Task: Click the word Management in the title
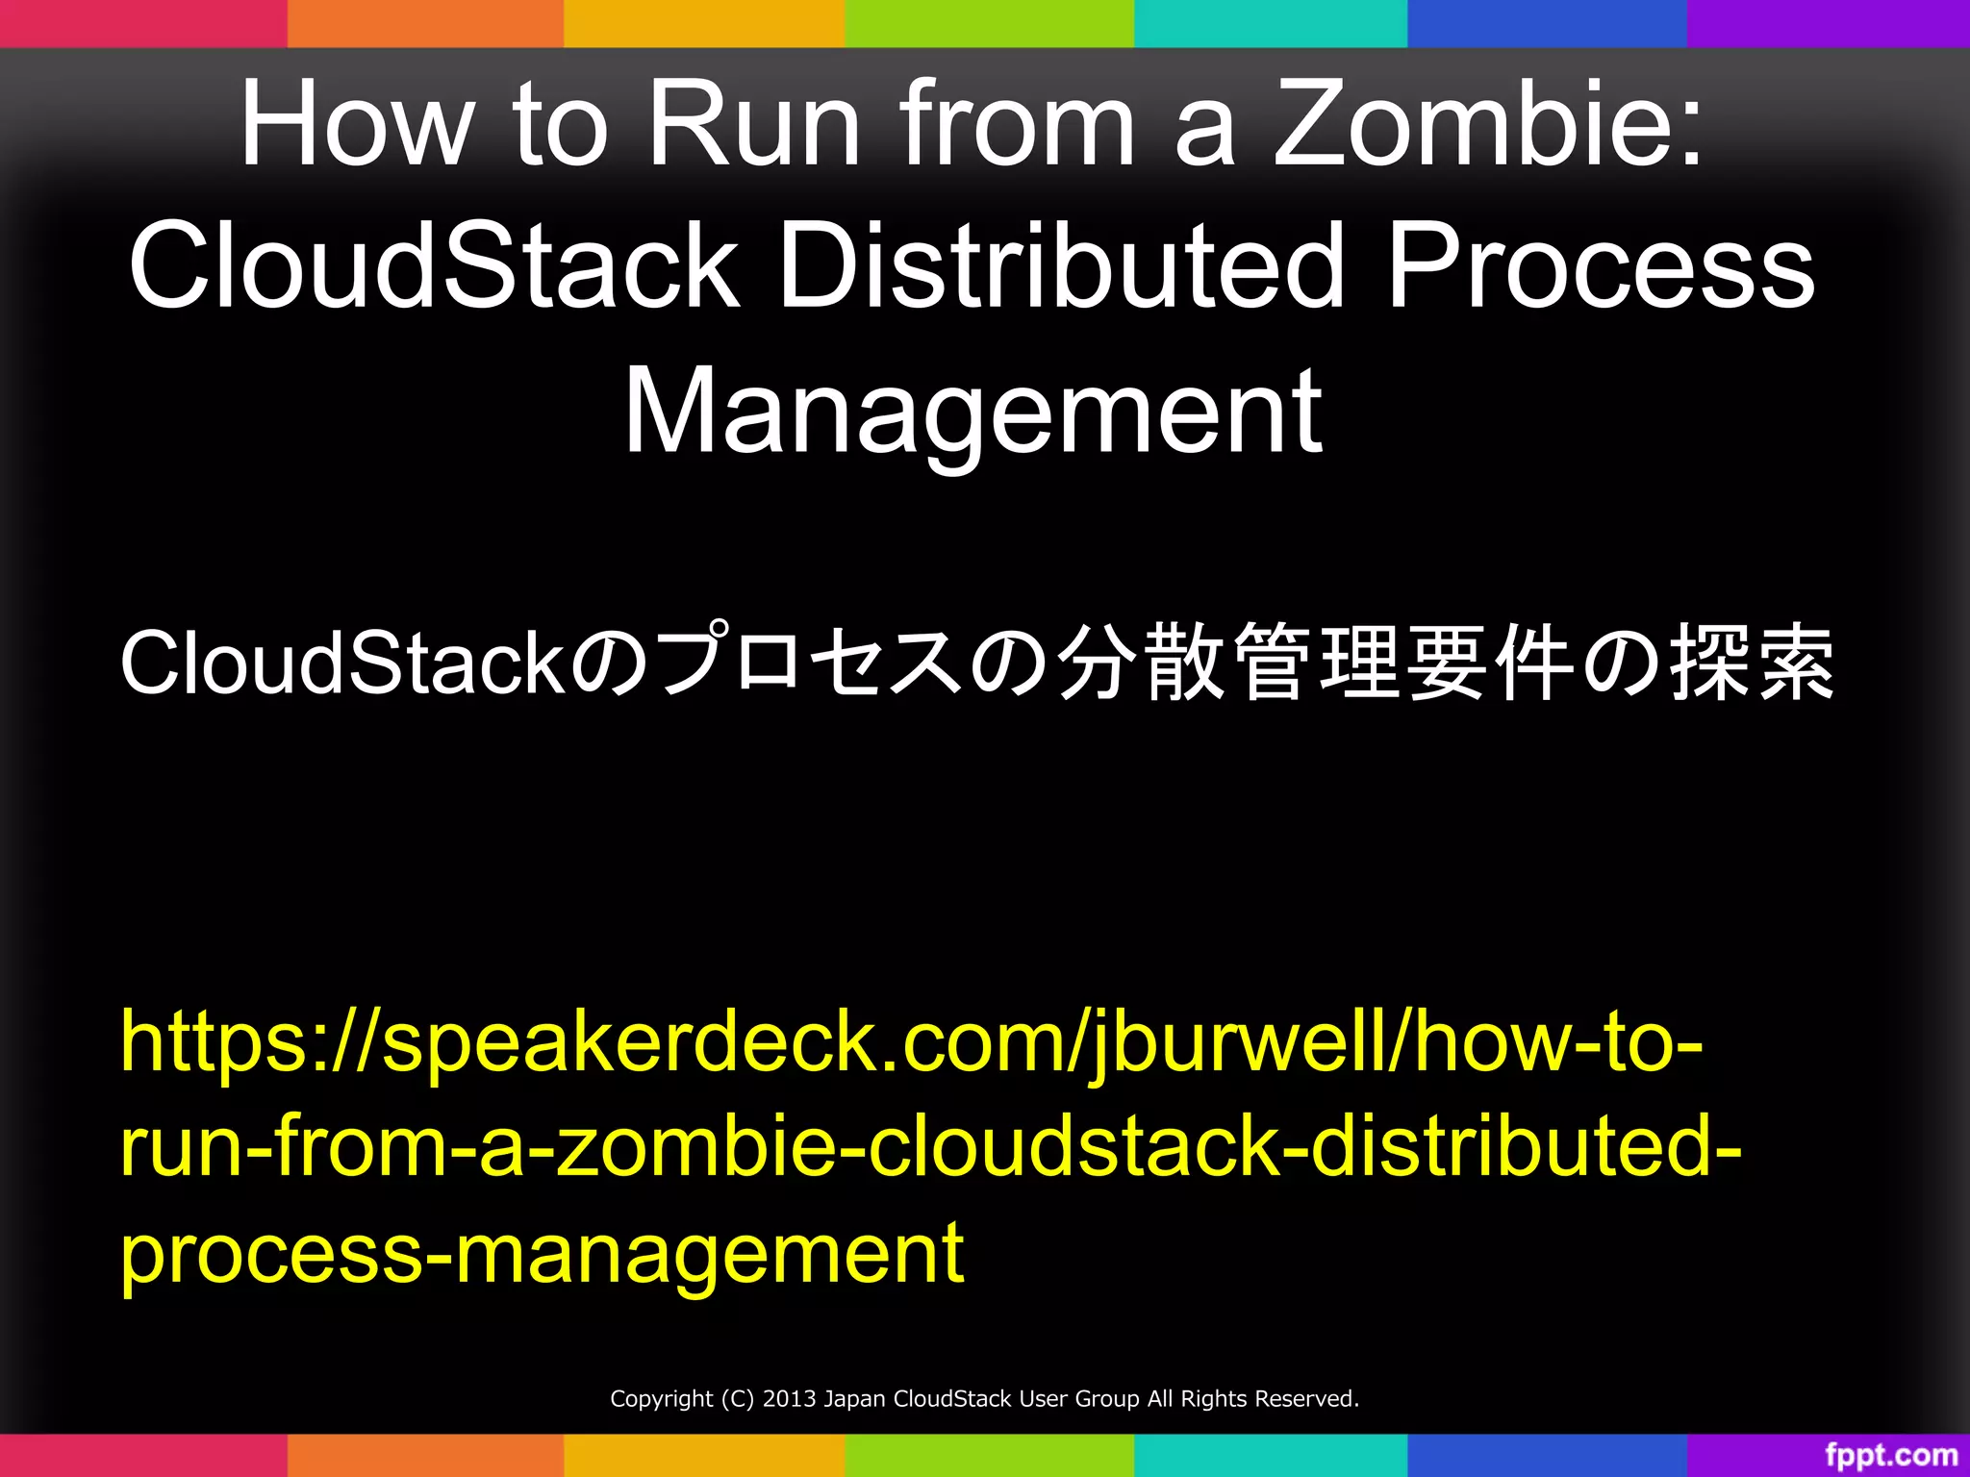tap(972, 413)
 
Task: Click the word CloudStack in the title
tap(434, 266)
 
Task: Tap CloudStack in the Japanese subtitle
tap(341, 663)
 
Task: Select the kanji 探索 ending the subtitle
tap(1751, 663)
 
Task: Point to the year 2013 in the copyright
tap(790, 1399)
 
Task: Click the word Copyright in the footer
tap(662, 1399)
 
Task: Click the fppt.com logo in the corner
tap(1890, 1455)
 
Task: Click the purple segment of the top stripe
tap(1828, 23)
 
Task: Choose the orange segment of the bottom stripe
tap(425, 1455)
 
